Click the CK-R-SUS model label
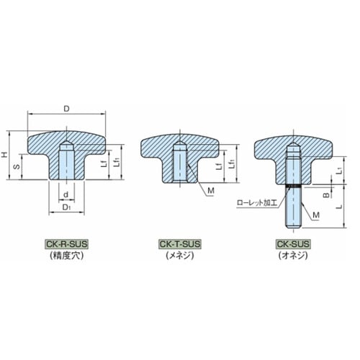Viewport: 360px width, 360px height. point(67,244)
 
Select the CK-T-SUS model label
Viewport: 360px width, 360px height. point(180,244)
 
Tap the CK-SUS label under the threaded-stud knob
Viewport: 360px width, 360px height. point(293,244)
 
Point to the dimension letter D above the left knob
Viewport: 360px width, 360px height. point(66,109)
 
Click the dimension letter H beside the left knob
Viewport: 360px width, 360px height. point(4,155)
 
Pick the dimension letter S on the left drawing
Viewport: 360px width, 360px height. point(17,167)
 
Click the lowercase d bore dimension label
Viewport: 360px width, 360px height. point(66,194)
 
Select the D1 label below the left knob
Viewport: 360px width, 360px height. point(66,207)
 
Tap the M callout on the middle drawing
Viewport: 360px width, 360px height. point(211,191)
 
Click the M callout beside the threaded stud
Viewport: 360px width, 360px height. point(316,215)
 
